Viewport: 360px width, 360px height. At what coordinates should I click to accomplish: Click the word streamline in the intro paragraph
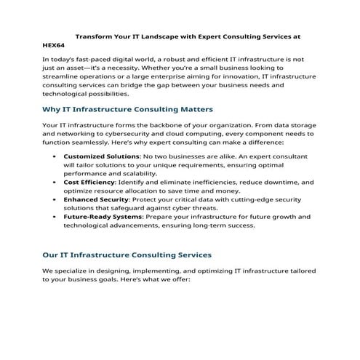point(64,76)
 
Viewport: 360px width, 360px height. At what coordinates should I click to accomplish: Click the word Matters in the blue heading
point(192,109)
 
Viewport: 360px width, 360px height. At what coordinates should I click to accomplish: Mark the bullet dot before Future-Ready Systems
point(56,217)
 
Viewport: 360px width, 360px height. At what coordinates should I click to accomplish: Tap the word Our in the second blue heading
point(52,255)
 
